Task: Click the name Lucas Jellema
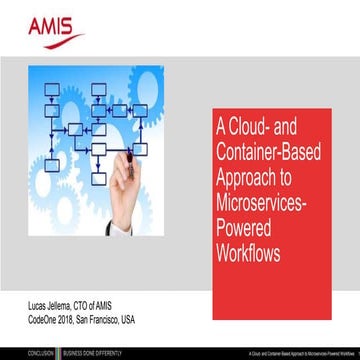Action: [x=46, y=303]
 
